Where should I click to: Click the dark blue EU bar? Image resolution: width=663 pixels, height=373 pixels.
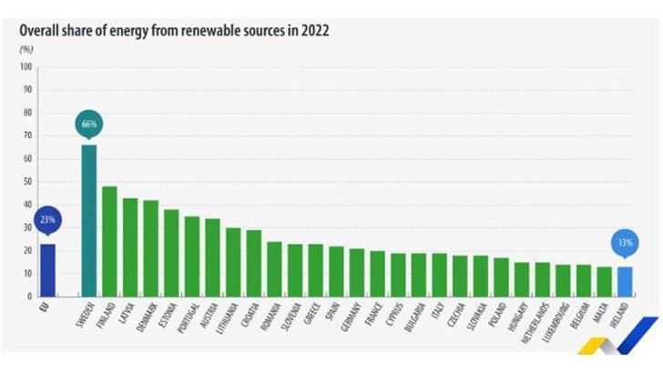47,269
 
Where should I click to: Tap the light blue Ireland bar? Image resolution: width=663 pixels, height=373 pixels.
624,281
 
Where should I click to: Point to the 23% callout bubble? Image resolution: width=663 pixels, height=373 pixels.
47,219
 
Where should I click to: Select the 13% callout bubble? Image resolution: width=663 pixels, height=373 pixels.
624,243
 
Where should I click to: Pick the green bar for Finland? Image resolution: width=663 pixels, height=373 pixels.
109,241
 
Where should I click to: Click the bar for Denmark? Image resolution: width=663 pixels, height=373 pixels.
150,247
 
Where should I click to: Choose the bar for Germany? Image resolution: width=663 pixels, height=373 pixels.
357,272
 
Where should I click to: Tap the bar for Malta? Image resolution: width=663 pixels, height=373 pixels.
604,281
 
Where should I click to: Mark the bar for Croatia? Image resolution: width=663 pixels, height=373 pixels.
253,263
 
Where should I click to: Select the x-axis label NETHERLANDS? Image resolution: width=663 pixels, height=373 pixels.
541,324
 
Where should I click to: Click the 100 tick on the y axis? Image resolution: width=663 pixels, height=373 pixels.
25,67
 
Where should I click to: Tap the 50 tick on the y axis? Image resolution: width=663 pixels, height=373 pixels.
26,182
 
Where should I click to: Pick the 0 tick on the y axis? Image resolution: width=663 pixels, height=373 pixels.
29,297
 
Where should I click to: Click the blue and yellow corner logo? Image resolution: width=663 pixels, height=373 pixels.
637,342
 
